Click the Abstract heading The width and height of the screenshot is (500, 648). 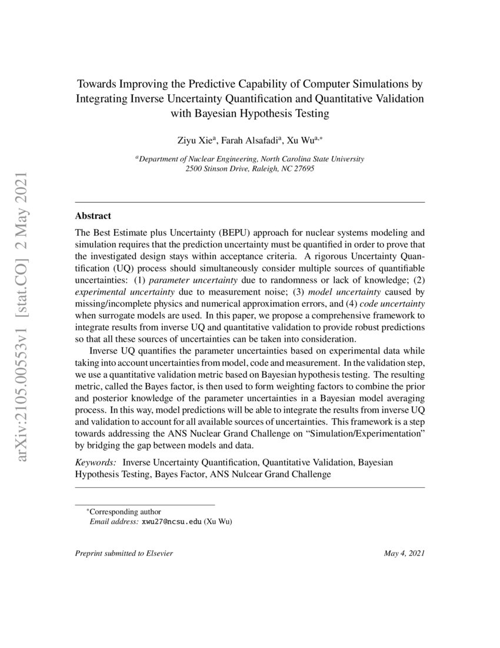click(93, 216)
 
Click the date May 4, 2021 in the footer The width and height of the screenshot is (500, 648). click(404, 553)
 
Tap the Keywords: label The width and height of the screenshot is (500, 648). click(95, 462)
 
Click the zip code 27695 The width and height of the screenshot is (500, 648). click(302, 168)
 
